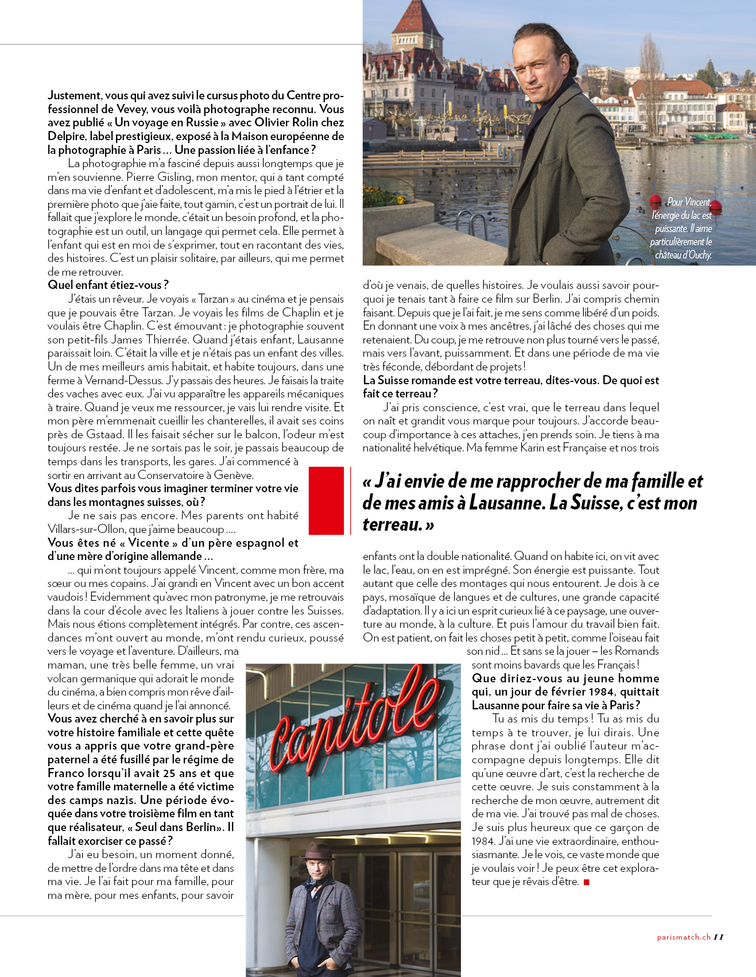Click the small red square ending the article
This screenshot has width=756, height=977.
click(586, 882)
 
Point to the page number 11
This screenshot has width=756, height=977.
click(719, 937)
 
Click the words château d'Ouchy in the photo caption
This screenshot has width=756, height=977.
click(683, 255)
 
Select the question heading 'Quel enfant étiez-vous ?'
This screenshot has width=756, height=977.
click(108, 285)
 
